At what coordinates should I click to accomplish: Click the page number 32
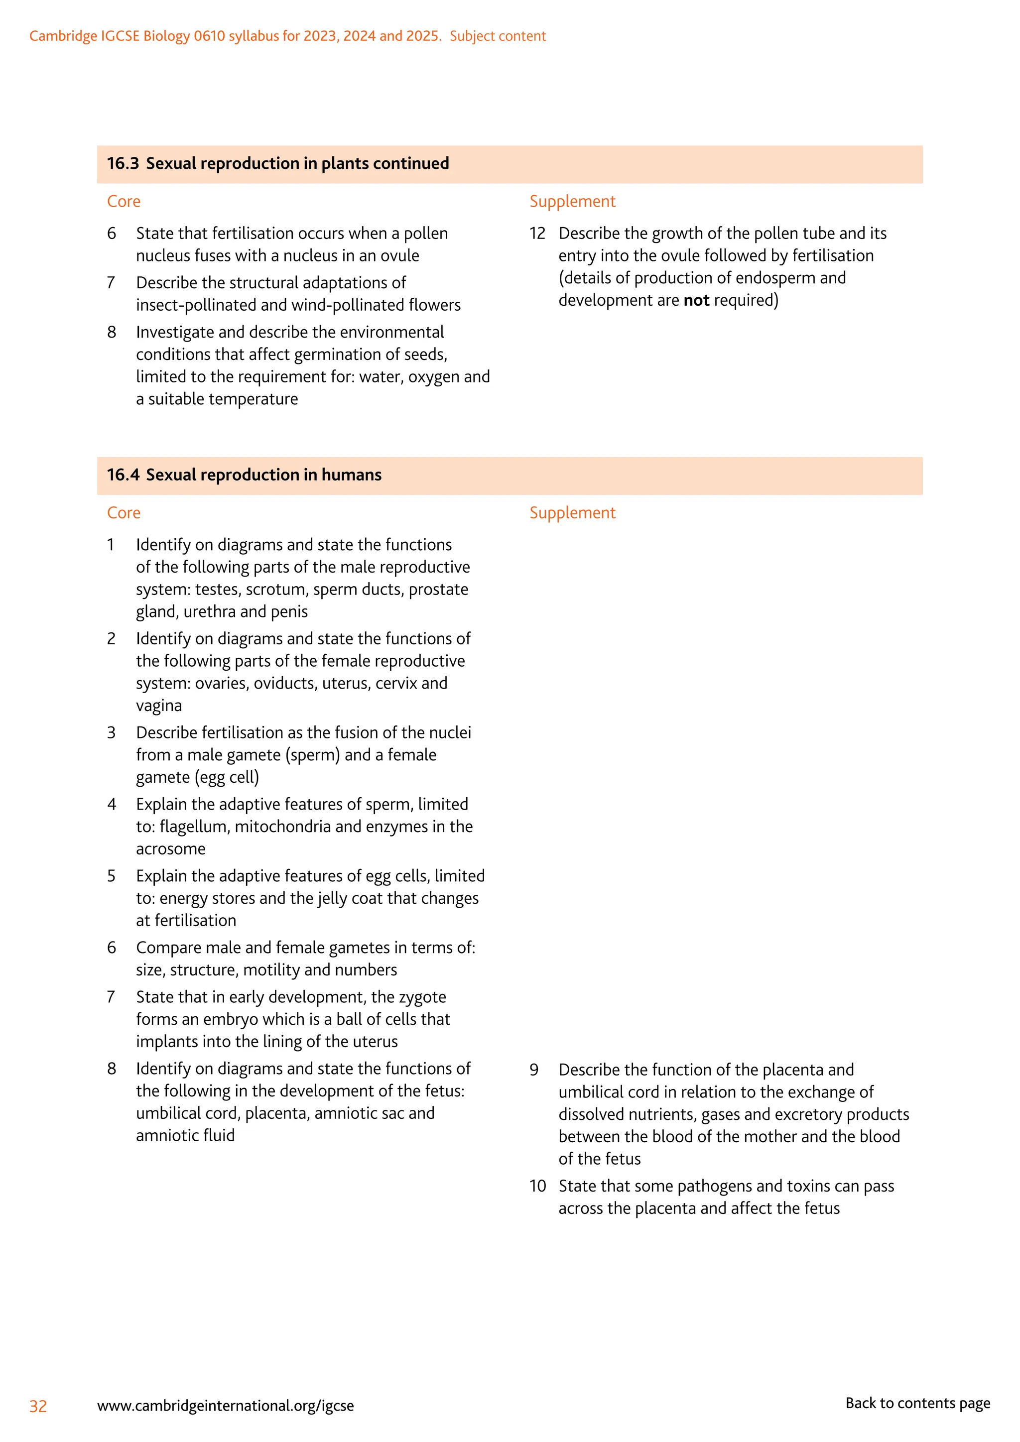[x=38, y=1406]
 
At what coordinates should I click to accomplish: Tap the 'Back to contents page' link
[x=917, y=1403]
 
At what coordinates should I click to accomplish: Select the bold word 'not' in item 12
[x=696, y=300]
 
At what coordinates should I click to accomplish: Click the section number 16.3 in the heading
[x=123, y=163]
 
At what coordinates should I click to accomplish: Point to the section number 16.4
[x=123, y=475]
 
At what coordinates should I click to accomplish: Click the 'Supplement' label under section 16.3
[x=572, y=201]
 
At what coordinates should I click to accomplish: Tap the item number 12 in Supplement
[x=537, y=234]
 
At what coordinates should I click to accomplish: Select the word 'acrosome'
[x=171, y=849]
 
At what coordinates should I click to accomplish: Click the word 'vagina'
[x=159, y=706]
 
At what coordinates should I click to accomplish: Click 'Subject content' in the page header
[x=498, y=36]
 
